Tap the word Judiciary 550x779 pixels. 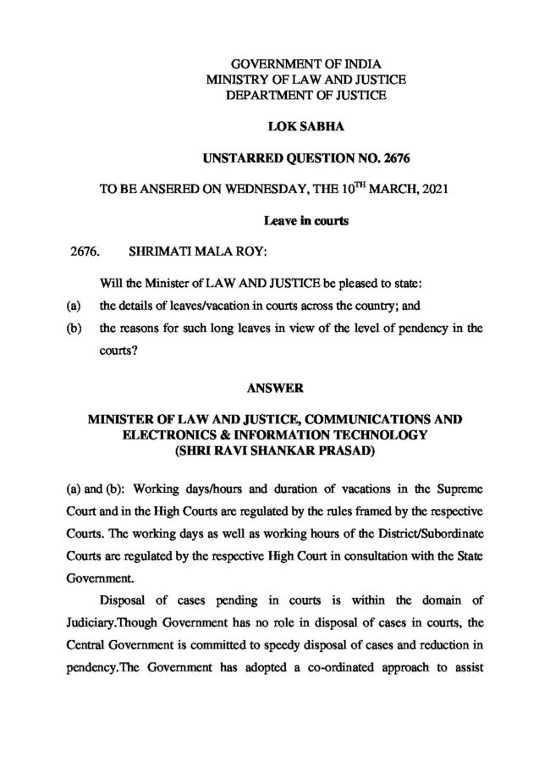(124, 623)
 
